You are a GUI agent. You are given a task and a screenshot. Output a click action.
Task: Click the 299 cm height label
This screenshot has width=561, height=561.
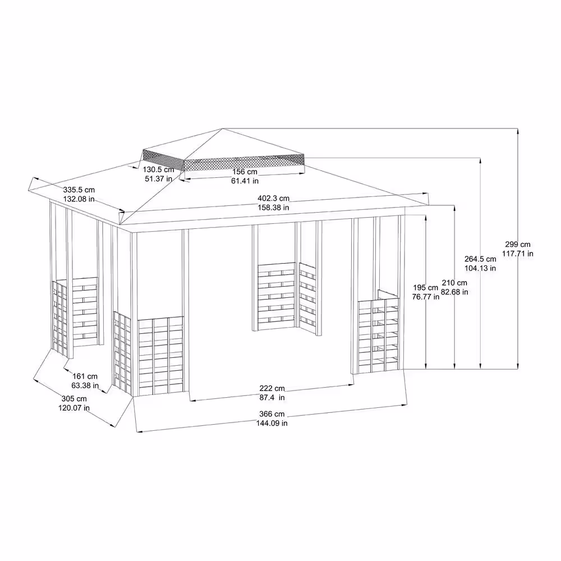517,245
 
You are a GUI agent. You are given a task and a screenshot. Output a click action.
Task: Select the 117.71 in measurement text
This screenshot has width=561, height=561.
517,254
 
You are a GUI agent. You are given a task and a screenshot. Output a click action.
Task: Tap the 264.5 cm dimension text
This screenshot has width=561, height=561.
481,259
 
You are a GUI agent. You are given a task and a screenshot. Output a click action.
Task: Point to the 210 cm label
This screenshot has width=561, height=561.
454,283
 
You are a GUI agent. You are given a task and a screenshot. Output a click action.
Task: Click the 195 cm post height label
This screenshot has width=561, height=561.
425,287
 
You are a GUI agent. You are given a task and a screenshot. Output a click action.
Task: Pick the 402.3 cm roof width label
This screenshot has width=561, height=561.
274,198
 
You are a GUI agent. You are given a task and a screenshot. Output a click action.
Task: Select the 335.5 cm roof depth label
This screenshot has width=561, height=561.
79,190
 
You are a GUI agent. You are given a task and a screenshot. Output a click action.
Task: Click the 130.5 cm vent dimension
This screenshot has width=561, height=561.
158,169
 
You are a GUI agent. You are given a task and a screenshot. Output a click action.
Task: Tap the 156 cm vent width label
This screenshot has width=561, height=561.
245,172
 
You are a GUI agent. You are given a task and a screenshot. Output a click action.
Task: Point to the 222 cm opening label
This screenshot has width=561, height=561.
272,388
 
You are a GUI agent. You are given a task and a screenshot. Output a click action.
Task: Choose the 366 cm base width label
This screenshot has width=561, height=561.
272,414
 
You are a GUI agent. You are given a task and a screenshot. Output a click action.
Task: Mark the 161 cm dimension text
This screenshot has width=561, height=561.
85,376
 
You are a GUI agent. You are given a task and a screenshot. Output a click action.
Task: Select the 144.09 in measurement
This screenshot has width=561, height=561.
272,424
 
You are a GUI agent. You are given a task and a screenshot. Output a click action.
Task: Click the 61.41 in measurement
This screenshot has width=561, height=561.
245,181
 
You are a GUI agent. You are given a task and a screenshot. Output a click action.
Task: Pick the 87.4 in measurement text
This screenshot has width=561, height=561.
272,398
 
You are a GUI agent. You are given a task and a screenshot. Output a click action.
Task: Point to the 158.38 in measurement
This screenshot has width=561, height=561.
274,208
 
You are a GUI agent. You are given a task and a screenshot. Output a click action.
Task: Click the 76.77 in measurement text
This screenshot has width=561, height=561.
425,296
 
